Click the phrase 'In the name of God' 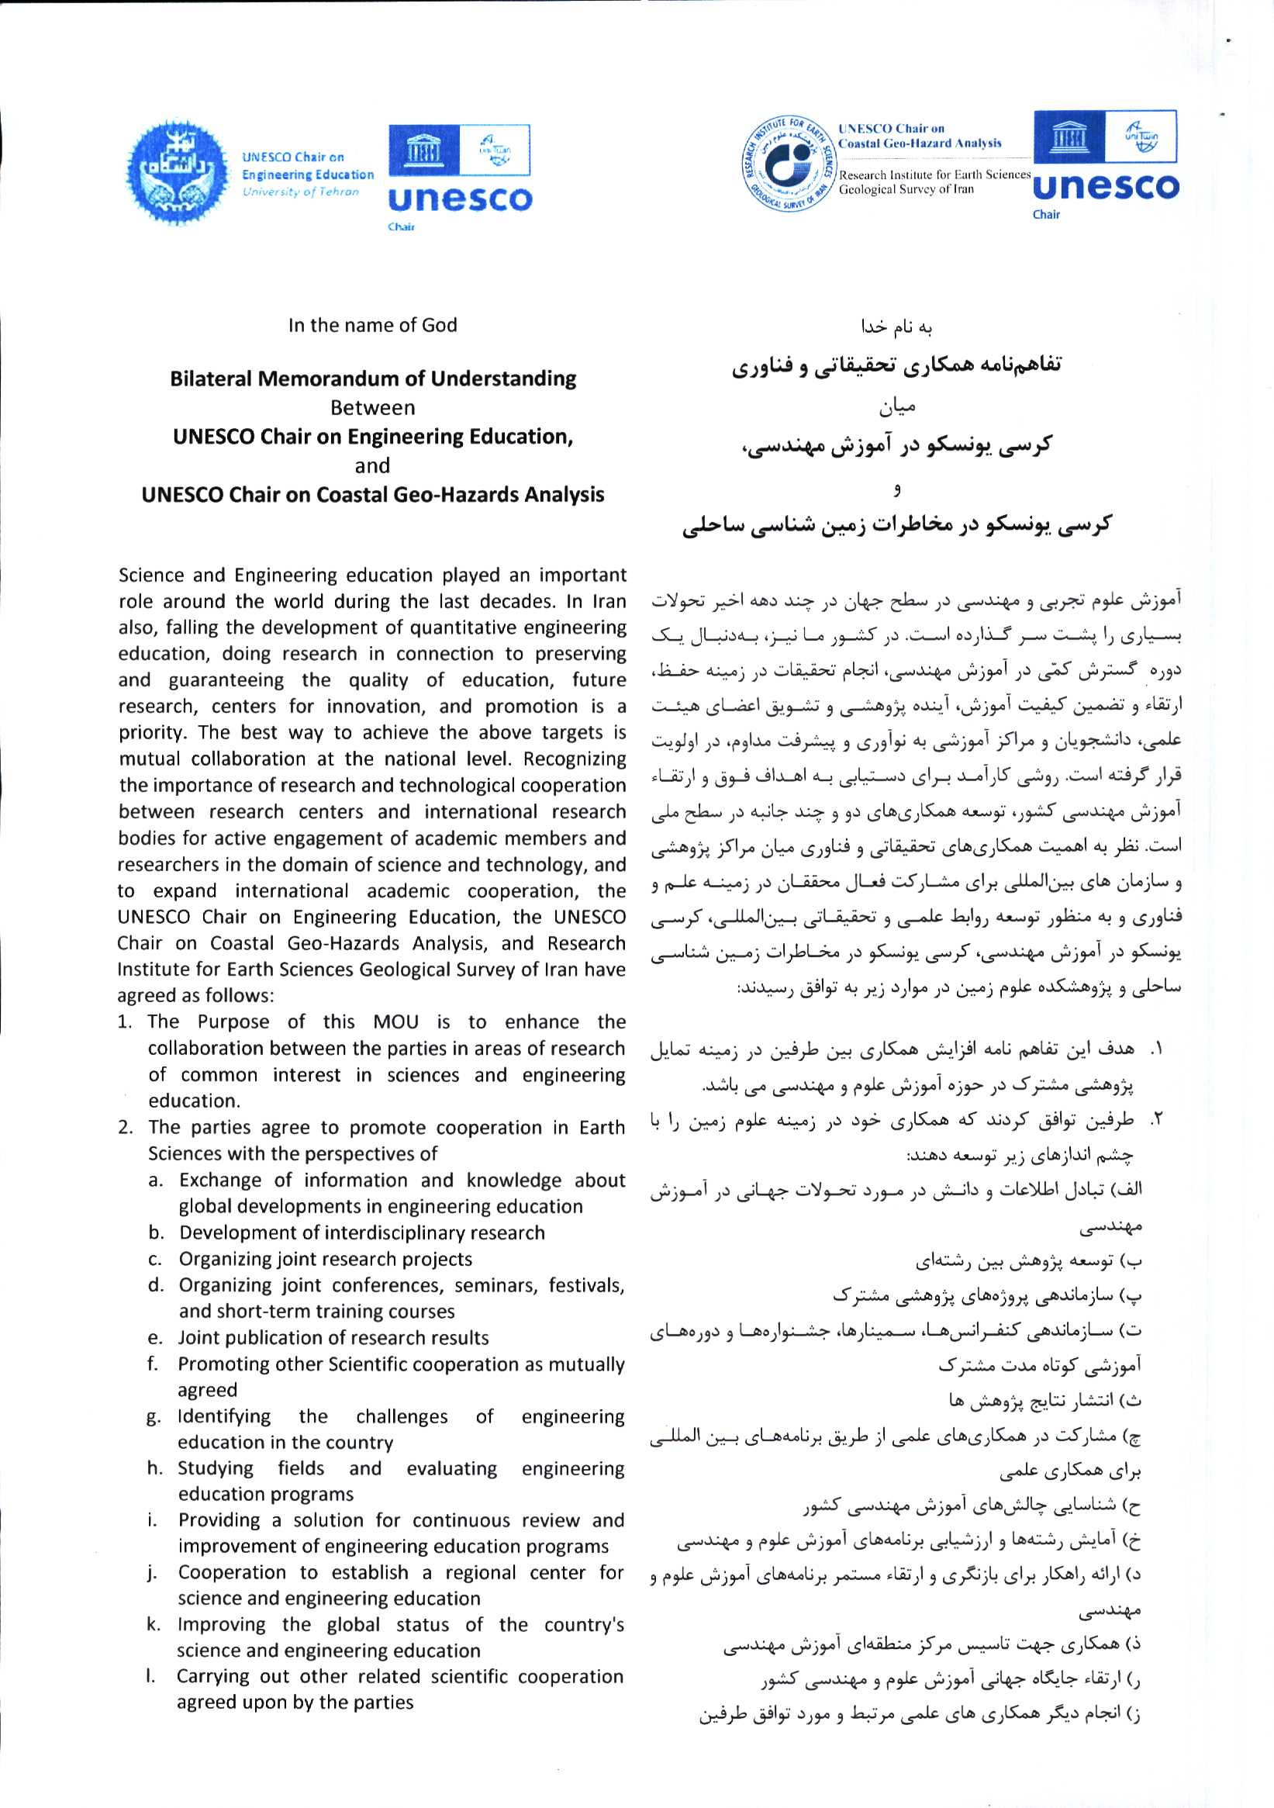tap(372, 325)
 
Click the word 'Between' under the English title tap(372, 408)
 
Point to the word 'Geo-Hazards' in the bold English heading tap(429, 495)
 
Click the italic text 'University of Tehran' tap(300, 192)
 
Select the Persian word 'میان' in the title tap(897, 408)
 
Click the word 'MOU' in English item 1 tap(395, 1022)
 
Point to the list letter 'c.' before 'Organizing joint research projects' tap(156, 1259)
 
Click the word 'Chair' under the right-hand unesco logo tap(1047, 214)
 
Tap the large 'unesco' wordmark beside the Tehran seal tap(460, 199)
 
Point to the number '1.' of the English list tap(126, 1022)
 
